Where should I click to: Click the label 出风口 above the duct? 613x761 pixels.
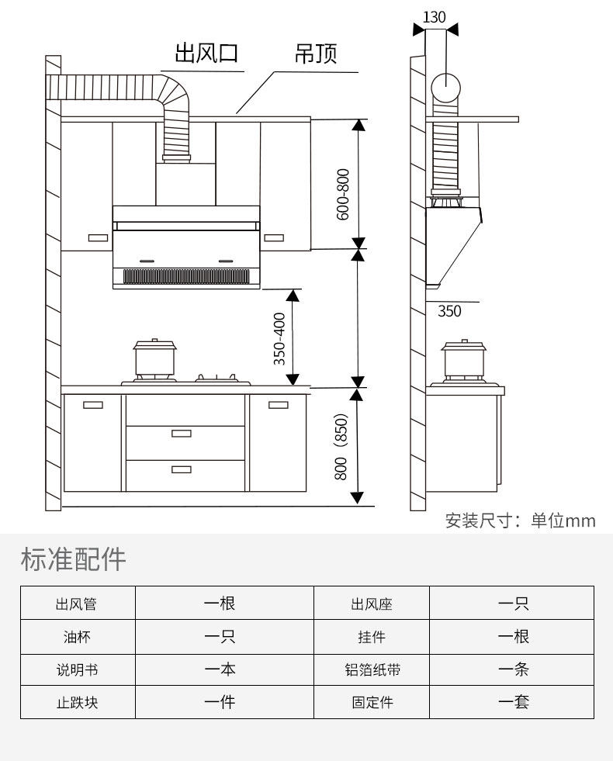[206, 54]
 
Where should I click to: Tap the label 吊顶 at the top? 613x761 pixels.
[316, 54]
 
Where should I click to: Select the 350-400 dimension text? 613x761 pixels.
[280, 338]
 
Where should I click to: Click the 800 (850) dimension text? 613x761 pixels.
[341, 446]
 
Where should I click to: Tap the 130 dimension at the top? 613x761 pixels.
[435, 16]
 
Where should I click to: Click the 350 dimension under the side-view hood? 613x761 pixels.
[449, 311]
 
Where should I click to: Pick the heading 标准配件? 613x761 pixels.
[73, 559]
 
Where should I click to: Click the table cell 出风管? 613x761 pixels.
[77, 604]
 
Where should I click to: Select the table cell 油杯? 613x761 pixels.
[77, 637]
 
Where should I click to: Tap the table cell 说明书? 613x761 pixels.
[77, 669]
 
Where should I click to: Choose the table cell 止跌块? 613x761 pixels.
[77, 703]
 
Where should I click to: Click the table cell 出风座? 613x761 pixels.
[372, 604]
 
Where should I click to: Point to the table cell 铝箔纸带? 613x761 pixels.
[372, 669]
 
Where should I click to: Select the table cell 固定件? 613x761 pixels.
[372, 703]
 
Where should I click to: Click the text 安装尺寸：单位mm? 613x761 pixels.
[520, 521]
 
